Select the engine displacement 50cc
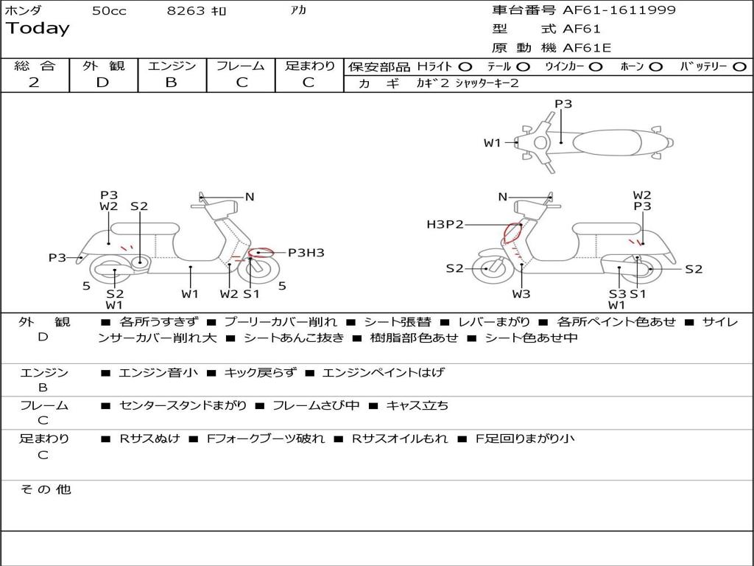tap(109, 11)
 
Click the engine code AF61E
tap(587, 48)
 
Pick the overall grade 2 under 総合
tap(34, 83)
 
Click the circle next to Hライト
tap(465, 66)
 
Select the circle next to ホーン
tap(656, 66)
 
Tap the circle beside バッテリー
tap(739, 66)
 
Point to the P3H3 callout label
tap(306, 253)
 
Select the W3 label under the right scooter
tap(521, 295)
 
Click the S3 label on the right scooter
tap(617, 294)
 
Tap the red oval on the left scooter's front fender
tap(259, 253)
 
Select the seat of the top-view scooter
tap(605, 141)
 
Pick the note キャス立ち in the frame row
tap(417, 405)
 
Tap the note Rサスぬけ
tap(150, 439)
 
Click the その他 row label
tap(46, 489)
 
